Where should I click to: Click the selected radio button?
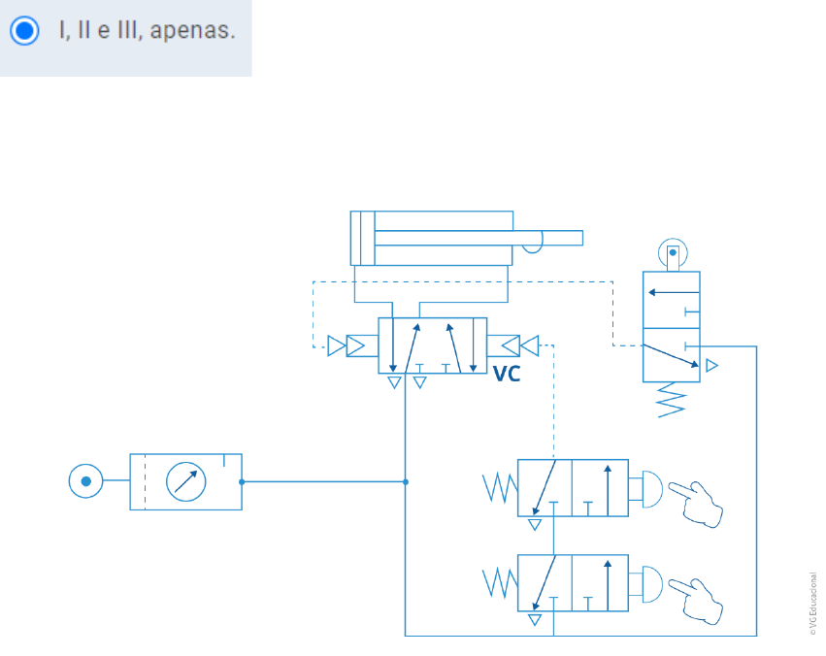[x=24, y=31]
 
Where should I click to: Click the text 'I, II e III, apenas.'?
[x=147, y=31]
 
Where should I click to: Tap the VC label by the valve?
[x=507, y=374]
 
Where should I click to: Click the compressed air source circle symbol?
[x=85, y=481]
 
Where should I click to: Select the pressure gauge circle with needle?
[x=185, y=481]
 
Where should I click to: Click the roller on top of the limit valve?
[x=672, y=255]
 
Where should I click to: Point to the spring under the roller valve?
[x=671, y=399]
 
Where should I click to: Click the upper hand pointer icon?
[x=699, y=502]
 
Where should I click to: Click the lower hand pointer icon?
[x=699, y=598]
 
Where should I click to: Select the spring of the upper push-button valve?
[x=499, y=488]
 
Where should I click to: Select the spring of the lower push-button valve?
[x=499, y=583]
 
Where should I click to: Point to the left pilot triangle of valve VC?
[x=337, y=345]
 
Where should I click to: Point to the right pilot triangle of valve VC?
[x=529, y=345]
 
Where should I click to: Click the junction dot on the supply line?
[x=406, y=481]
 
